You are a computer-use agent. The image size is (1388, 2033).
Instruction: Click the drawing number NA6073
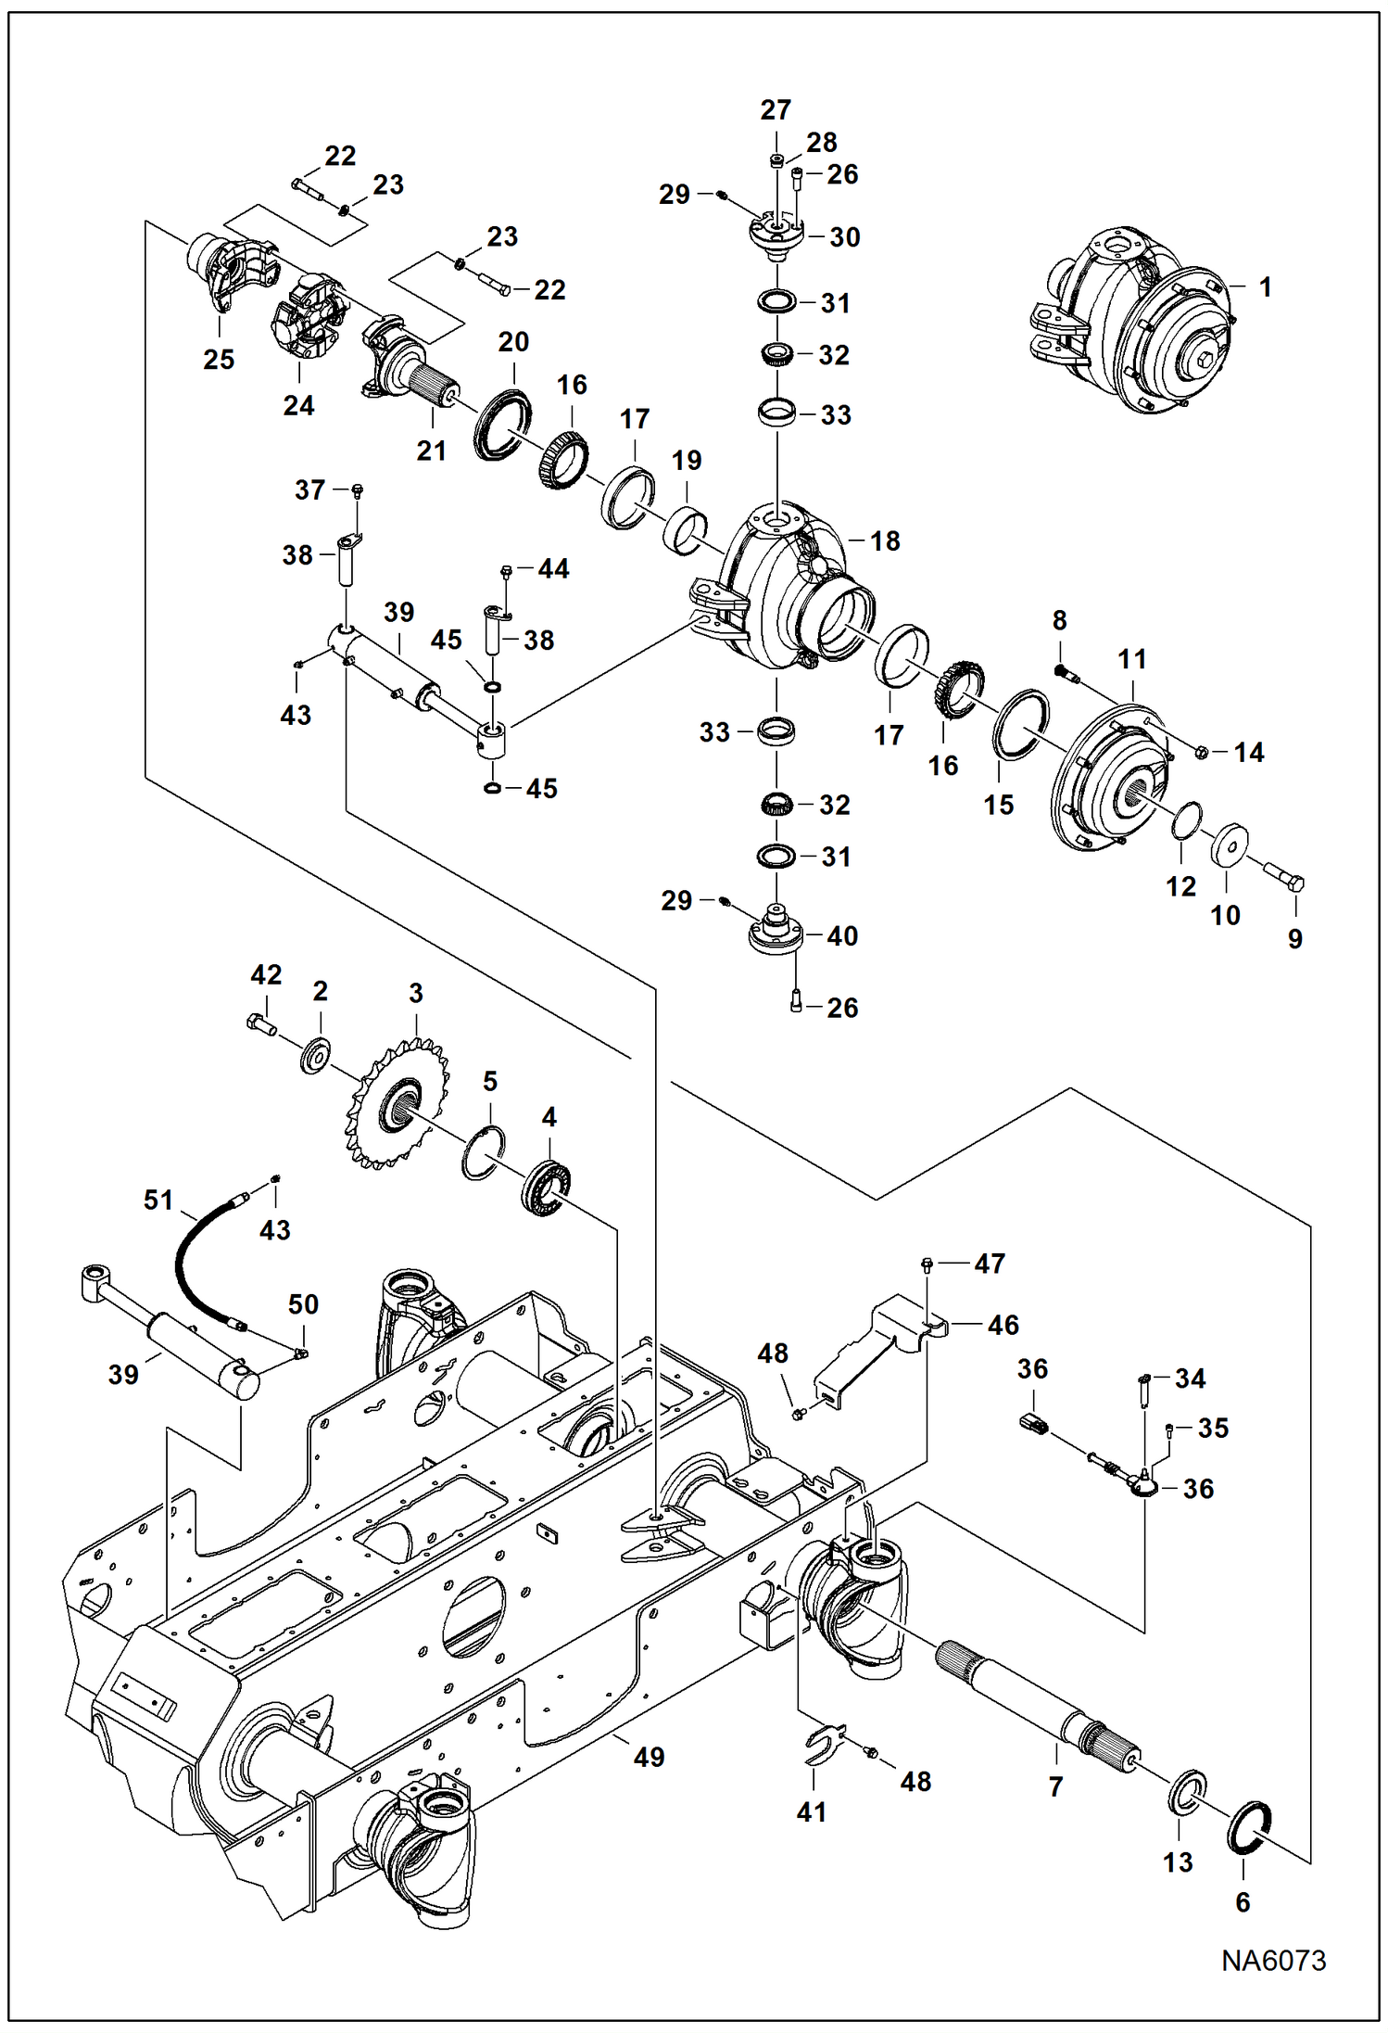coord(1273,1960)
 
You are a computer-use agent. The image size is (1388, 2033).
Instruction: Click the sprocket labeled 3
coord(398,1103)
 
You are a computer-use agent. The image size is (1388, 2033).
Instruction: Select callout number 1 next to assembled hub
coord(1265,287)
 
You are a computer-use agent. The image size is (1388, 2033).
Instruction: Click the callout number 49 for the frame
coord(649,1757)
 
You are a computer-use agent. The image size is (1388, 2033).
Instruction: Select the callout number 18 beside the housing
coord(885,541)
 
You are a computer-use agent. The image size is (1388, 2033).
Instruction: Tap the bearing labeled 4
coord(545,1188)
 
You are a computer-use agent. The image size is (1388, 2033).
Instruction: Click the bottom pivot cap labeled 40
coord(775,932)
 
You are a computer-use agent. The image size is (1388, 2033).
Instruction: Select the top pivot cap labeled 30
coord(775,232)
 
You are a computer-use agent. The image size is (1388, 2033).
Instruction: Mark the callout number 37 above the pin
coord(309,489)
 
